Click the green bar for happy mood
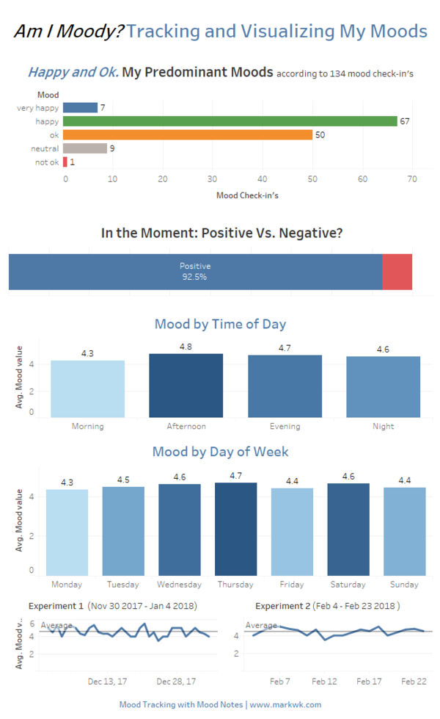tap(230, 121)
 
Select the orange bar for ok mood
tap(188, 134)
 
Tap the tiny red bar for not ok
tap(65, 162)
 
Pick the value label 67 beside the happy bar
tap(404, 121)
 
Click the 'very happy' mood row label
tap(37, 108)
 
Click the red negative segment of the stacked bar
tap(397, 272)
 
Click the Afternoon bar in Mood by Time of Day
tap(186, 386)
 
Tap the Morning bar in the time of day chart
tap(87, 389)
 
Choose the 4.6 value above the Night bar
tap(383, 349)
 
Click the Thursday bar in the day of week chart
tap(235, 529)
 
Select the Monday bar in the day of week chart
tap(67, 532)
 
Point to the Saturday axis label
tap(348, 585)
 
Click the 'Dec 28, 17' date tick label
tap(177, 681)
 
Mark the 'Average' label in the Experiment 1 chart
tap(56, 626)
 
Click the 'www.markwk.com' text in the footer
tap(285, 704)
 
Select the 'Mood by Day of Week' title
tap(220, 451)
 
